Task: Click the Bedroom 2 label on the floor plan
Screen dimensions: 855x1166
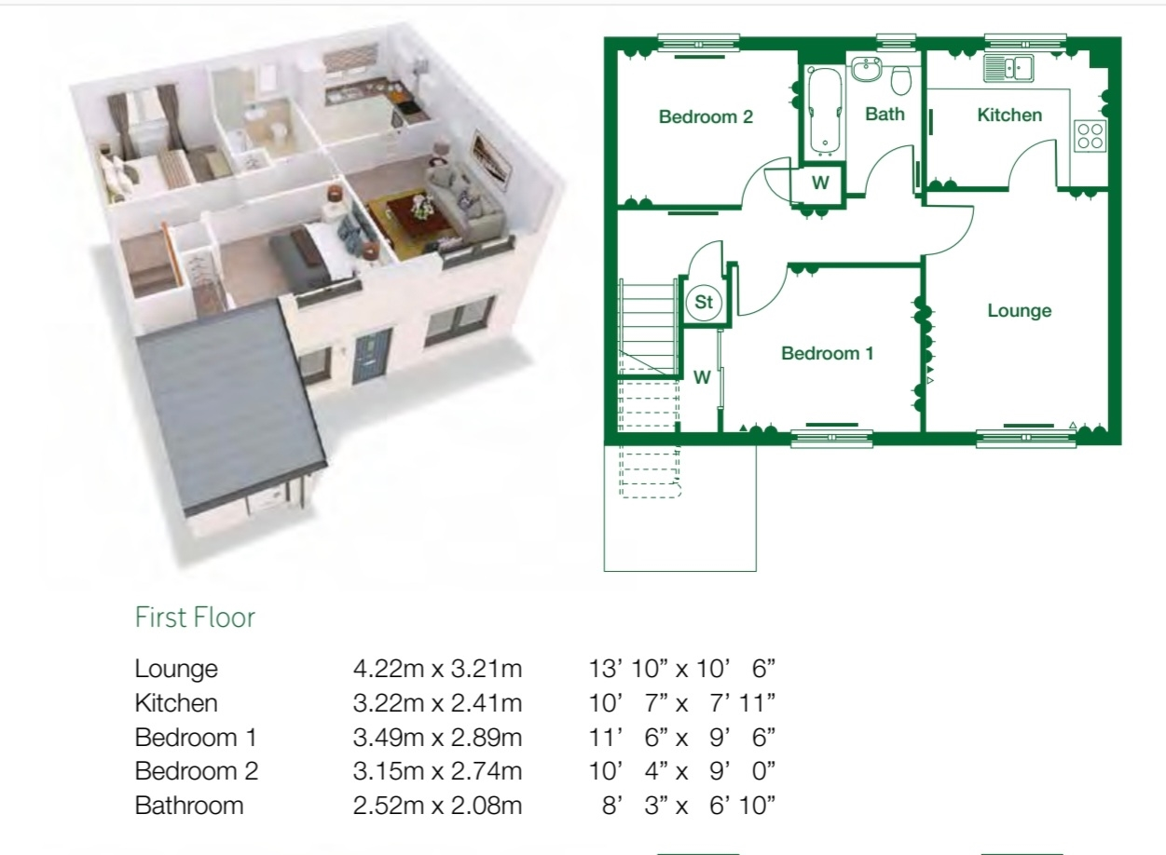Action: (x=705, y=117)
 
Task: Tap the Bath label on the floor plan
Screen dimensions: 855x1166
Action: (x=884, y=115)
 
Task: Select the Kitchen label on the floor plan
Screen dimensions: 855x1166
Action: (x=1009, y=115)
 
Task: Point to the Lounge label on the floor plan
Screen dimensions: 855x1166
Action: (x=1019, y=311)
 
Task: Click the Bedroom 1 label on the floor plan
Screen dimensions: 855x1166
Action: (x=827, y=353)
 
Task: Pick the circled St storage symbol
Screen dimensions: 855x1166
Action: (x=704, y=303)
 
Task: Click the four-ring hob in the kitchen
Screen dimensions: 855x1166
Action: (x=1091, y=136)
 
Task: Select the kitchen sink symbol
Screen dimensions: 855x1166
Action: (x=1008, y=67)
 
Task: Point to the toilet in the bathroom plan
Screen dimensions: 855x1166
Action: (x=901, y=80)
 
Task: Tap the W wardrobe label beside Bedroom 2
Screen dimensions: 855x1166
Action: (x=819, y=183)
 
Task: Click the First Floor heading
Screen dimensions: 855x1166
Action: (x=195, y=617)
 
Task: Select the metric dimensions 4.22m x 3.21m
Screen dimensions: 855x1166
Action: (x=437, y=669)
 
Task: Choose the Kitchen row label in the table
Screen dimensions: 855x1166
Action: (x=176, y=703)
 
